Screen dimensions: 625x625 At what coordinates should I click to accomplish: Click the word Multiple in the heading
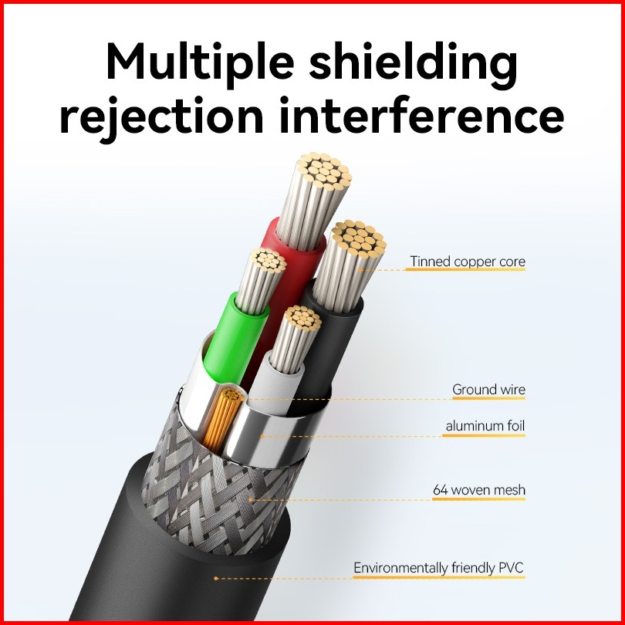pyautogui.click(x=200, y=62)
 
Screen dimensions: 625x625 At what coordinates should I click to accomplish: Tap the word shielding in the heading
pyautogui.click(x=414, y=62)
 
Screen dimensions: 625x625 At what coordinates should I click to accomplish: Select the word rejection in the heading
pyautogui.click(x=161, y=117)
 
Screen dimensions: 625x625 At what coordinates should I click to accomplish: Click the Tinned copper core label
pyautogui.click(x=468, y=262)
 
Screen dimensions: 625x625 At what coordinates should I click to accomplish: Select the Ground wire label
pyautogui.click(x=488, y=390)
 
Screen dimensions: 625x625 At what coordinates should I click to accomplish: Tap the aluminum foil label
pyautogui.click(x=485, y=426)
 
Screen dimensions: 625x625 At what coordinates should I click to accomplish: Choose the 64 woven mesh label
pyautogui.click(x=479, y=490)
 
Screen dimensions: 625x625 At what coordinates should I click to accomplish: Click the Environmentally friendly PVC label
pyautogui.click(x=438, y=568)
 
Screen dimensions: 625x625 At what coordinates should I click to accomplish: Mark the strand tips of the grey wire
pyautogui.click(x=303, y=318)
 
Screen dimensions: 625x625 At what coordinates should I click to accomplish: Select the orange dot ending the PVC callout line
pyautogui.click(x=216, y=579)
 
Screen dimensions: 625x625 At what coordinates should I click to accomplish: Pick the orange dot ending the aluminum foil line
pyautogui.click(x=262, y=437)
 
